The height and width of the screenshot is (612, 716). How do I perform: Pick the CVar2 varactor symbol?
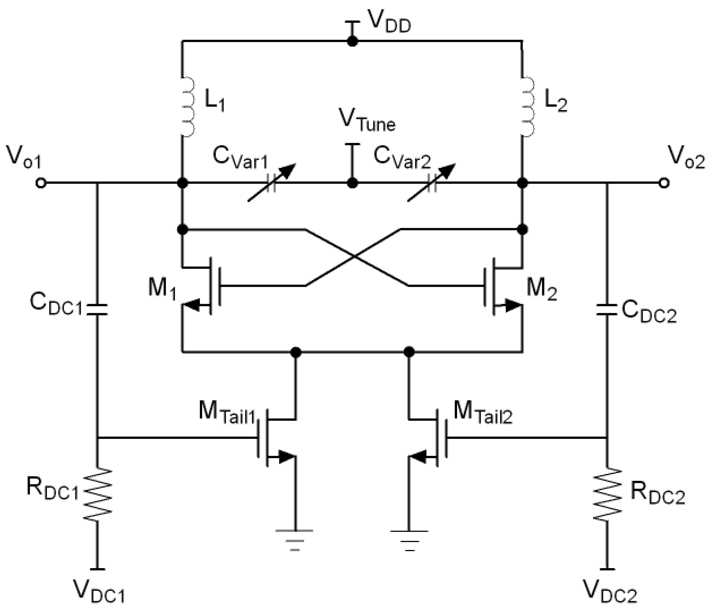(x=432, y=183)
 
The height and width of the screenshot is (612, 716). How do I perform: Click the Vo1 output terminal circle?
(x=41, y=183)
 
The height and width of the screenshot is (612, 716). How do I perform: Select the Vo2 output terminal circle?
(x=664, y=183)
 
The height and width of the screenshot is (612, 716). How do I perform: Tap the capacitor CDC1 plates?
(x=97, y=309)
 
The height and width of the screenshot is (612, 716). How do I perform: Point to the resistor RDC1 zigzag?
(x=97, y=495)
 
